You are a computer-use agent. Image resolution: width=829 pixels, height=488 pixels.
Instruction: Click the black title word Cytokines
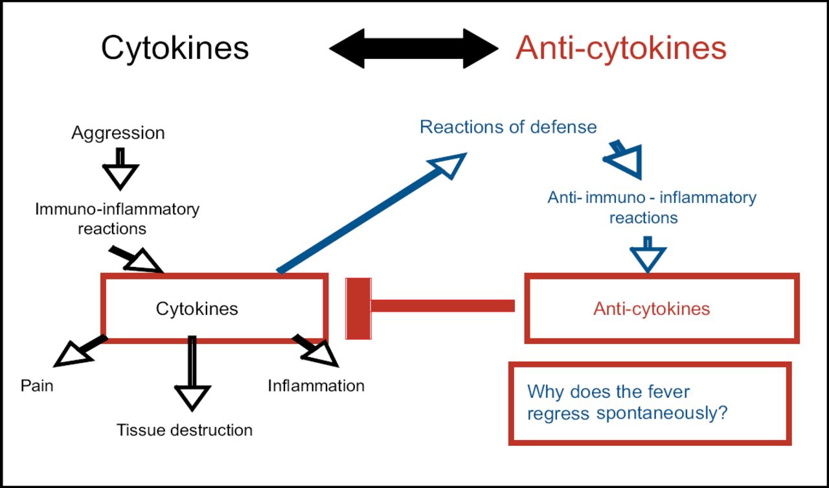click(175, 48)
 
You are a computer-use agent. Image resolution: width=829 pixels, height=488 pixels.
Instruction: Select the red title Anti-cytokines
click(620, 48)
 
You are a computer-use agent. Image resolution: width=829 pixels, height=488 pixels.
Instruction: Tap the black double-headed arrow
click(414, 49)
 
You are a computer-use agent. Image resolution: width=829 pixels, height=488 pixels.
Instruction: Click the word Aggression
click(118, 134)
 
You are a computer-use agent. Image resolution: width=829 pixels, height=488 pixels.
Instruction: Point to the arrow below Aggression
click(121, 169)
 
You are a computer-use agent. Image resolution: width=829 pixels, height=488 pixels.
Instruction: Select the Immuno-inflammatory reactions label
click(117, 219)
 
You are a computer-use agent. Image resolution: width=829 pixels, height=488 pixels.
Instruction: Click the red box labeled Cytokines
click(214, 308)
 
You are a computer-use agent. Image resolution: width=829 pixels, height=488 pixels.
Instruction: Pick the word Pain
click(37, 386)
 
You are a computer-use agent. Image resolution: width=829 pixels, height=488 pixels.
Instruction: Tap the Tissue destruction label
click(185, 430)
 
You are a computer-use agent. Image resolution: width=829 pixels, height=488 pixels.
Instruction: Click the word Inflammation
click(316, 386)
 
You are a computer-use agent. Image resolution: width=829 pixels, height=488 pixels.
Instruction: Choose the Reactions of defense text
click(508, 127)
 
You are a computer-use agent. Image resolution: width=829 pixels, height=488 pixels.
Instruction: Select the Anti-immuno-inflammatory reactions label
click(652, 207)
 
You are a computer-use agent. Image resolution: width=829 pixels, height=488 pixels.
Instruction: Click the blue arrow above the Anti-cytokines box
click(648, 254)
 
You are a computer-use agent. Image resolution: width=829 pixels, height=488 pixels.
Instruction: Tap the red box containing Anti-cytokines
click(661, 308)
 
